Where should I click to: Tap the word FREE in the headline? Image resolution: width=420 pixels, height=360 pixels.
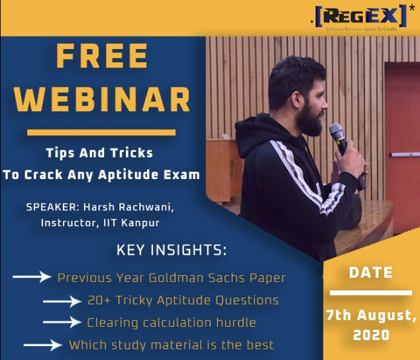tap(102, 56)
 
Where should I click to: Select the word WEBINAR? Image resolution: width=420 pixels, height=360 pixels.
tap(102, 99)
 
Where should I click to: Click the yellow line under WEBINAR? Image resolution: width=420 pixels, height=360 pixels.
tap(101, 133)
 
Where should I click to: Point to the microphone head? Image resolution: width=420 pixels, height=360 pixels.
tap(337, 131)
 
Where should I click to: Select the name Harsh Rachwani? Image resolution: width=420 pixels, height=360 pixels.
tap(129, 208)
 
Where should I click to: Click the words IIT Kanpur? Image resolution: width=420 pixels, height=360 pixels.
tap(131, 223)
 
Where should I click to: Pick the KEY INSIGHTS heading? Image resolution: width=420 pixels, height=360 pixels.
tap(172, 250)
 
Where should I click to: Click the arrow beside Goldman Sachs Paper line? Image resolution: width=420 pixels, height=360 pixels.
tap(32, 276)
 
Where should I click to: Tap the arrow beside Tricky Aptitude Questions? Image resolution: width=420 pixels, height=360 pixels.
tap(62, 301)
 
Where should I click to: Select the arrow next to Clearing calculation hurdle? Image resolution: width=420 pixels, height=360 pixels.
tap(62, 322)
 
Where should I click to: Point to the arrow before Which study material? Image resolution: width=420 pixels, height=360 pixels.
tap(43, 345)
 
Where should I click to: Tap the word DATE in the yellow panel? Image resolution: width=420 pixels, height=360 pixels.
tap(371, 272)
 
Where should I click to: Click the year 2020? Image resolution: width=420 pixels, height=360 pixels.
tap(371, 335)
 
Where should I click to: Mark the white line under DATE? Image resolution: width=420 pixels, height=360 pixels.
tap(371, 292)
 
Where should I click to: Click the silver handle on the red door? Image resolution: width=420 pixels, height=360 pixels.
tap(405, 154)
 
